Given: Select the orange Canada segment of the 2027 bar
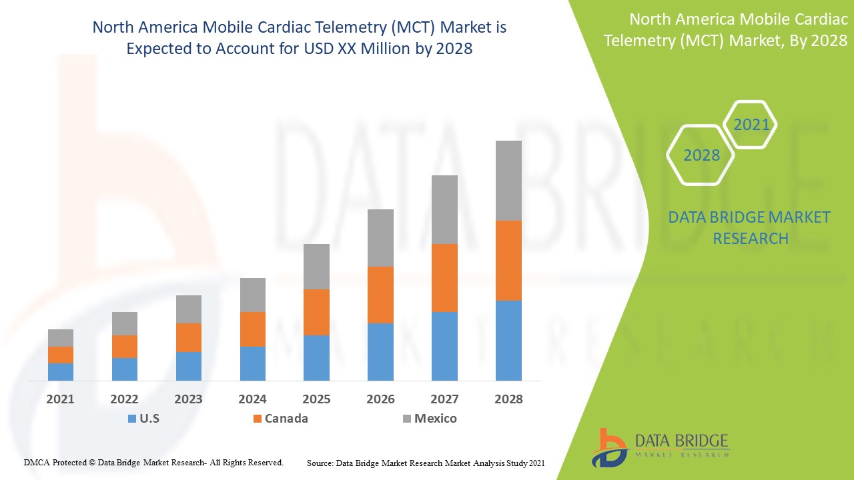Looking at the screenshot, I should (x=444, y=277).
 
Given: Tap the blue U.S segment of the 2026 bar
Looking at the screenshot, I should (x=380, y=351).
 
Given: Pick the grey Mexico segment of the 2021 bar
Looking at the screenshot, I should (x=61, y=337).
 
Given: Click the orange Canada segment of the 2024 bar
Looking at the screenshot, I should (x=252, y=329).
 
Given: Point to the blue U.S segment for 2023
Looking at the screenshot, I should (x=189, y=366).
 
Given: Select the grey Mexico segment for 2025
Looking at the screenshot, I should (x=316, y=266).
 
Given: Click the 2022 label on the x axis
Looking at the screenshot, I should (x=124, y=399).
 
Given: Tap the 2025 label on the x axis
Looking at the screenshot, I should (x=316, y=399).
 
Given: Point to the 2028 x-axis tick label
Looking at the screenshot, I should (x=508, y=399).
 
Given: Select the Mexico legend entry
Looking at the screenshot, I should (x=430, y=419).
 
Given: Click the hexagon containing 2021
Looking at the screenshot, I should (x=751, y=125).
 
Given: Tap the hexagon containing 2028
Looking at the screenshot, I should (x=701, y=155).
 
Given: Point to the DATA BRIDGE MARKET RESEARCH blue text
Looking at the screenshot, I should (x=750, y=227).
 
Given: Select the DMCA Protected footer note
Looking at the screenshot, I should (x=153, y=462).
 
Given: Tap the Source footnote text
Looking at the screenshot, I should (x=426, y=462).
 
